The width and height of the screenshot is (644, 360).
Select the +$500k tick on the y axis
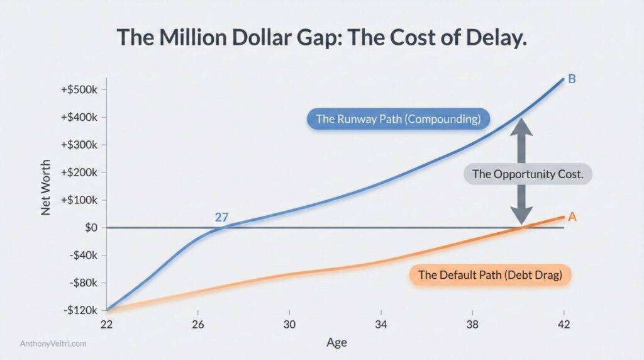[79, 89]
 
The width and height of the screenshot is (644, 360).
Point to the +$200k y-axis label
[79, 172]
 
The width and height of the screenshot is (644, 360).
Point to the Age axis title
[336, 342]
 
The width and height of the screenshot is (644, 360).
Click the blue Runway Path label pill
[398, 119]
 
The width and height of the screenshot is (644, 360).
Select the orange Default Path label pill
[490, 275]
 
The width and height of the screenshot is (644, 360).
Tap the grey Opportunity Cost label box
[528, 174]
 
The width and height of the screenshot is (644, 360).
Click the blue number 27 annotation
[222, 217]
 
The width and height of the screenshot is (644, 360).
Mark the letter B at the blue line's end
[572, 79]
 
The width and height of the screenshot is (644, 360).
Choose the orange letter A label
[572, 217]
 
